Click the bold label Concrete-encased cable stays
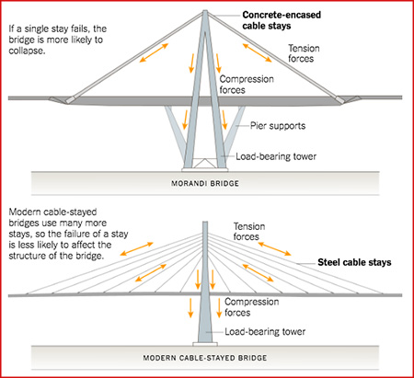282,20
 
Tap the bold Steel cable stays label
354,262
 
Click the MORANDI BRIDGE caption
205,184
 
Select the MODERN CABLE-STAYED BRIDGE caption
205,358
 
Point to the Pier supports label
278,126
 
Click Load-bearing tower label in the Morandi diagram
276,156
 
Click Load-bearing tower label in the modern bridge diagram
265,331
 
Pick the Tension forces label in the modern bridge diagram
249,232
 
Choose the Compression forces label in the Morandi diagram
247,85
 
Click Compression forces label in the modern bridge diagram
251,307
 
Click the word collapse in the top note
27,51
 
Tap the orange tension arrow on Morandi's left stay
154,52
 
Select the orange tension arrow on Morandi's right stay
258,52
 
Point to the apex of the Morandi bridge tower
205,11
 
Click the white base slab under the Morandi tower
205,169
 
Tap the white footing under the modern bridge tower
205,344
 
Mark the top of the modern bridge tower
205,222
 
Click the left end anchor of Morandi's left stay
70,99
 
